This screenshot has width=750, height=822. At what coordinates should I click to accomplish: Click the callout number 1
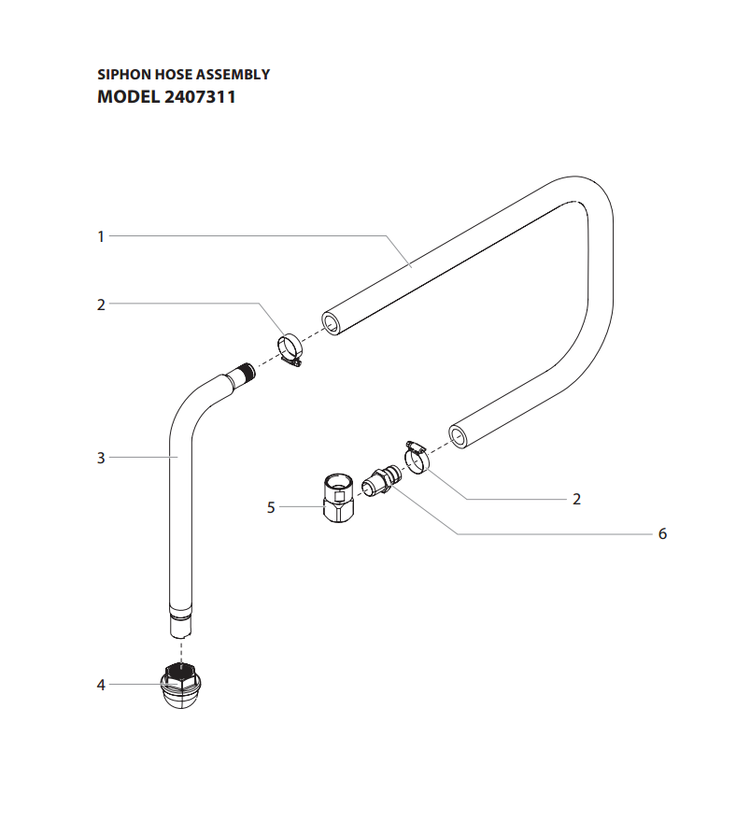point(101,236)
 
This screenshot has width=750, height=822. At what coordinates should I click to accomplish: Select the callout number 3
point(101,458)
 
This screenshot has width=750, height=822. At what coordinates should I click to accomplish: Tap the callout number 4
point(101,685)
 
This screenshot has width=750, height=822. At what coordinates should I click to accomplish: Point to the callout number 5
point(271,507)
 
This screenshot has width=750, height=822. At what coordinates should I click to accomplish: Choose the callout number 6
point(662,533)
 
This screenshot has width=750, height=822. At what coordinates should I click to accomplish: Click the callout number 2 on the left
point(101,304)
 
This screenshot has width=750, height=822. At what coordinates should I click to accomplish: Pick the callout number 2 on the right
point(576,499)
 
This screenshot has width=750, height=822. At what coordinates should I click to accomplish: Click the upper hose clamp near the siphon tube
point(291,350)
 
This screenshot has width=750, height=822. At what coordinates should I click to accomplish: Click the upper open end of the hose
point(331,323)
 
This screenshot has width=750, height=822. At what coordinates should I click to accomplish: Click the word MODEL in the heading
point(128,95)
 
